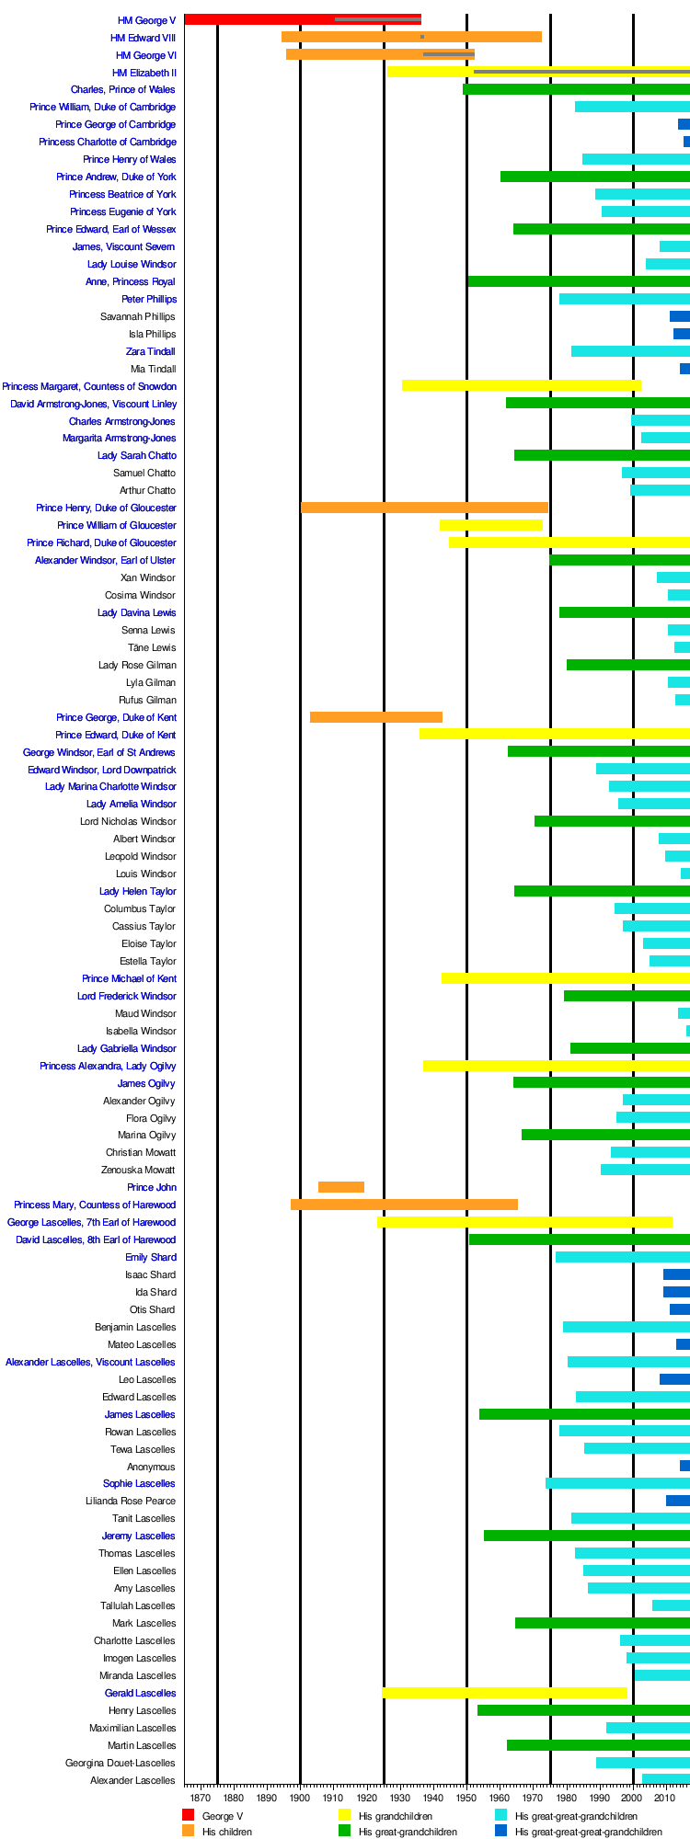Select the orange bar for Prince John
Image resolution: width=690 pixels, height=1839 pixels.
pos(340,1187)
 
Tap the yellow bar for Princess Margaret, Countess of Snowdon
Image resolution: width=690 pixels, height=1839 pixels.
pos(521,385)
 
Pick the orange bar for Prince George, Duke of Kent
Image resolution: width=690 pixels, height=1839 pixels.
pos(375,717)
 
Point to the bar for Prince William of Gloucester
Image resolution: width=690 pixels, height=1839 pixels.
pos(490,525)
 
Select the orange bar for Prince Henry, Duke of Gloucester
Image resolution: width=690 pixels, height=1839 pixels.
pos(424,508)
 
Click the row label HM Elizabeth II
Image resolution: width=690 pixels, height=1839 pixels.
pos(144,73)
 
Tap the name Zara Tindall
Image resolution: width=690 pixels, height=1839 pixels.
pos(150,351)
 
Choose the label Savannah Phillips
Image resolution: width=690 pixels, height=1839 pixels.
pos(138,316)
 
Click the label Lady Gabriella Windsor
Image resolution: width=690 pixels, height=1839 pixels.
pos(126,1048)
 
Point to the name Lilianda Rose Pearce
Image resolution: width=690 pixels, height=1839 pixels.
pos(131,1501)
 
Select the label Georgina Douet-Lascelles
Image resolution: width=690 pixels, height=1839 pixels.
pos(120,1763)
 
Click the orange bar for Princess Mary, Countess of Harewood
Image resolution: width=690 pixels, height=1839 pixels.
pos(404,1205)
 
